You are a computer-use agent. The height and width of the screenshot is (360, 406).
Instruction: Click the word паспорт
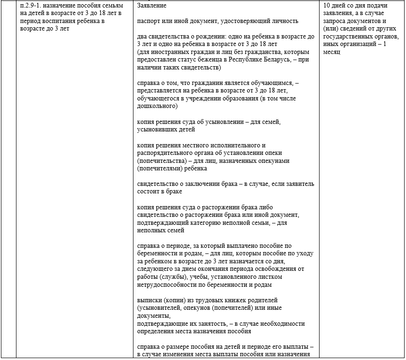pyautogui.click(x=149, y=21)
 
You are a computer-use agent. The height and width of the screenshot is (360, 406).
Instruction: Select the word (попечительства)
pyautogui.click(x=160, y=161)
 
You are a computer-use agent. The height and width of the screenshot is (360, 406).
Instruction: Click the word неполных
pyautogui.click(x=151, y=230)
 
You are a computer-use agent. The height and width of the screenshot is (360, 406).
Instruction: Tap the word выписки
pyautogui.click(x=148, y=299)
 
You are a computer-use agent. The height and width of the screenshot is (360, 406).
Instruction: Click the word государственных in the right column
pyautogui.click(x=347, y=36)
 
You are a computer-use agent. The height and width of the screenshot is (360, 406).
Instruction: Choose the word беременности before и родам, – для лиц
pyautogui.click(x=160, y=253)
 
